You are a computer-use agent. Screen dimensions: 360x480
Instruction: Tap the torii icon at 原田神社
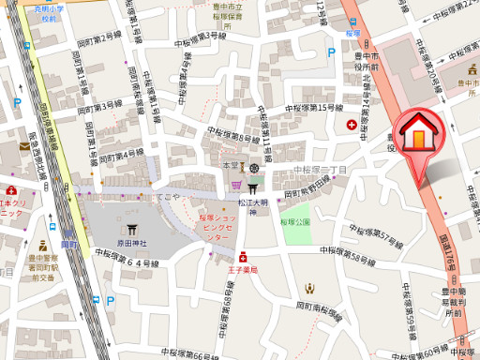tap(130, 228)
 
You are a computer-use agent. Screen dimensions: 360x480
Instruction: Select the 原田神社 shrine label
tap(130, 243)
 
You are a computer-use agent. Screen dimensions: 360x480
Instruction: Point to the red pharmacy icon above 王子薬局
tap(242, 255)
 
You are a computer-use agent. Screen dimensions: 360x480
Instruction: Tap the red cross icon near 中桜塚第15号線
tap(352, 125)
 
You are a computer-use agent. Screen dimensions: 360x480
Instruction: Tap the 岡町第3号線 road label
tap(100, 103)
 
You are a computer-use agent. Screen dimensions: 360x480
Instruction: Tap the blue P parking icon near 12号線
tap(330, 53)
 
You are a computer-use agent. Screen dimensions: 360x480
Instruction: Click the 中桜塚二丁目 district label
tap(320, 170)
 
